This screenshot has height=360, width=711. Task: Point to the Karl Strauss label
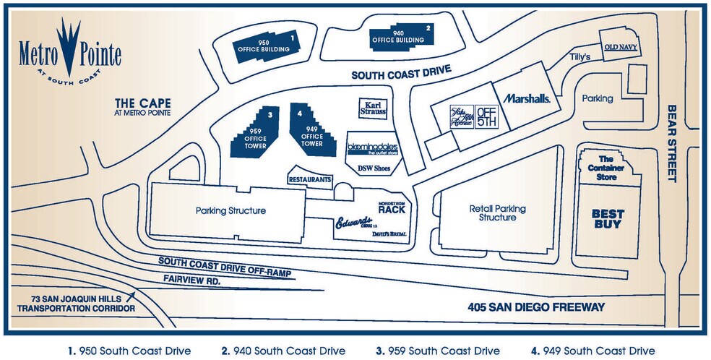tap(373, 108)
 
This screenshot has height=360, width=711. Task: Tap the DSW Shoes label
tap(374, 168)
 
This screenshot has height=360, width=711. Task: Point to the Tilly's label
tap(580, 56)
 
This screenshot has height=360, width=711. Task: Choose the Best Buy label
tap(608, 218)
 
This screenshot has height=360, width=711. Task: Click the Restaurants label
tap(310, 179)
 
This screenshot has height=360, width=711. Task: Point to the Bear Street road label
tap(671, 143)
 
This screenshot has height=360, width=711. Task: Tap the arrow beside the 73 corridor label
tap(131, 295)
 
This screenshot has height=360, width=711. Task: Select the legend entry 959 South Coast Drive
tap(439, 351)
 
